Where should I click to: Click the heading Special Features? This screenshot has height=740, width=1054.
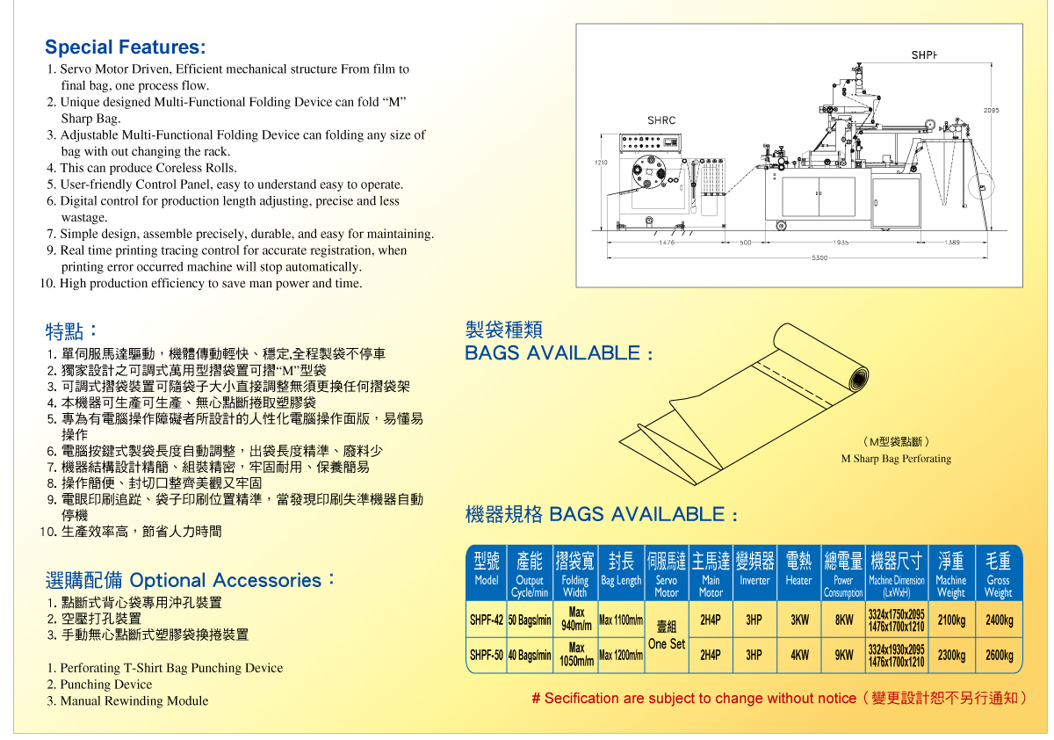coord(126,47)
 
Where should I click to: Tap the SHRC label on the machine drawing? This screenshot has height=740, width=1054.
coord(661,120)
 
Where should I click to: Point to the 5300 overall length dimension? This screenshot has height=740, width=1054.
coord(819,258)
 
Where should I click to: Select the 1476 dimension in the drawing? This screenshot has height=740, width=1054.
coord(668,242)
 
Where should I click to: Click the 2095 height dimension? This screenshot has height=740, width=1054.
coord(991,110)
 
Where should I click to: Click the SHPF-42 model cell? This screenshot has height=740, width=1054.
coord(486,620)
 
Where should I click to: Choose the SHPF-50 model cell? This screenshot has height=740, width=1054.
coord(486,656)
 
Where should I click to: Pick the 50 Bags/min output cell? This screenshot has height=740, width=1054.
coord(530,620)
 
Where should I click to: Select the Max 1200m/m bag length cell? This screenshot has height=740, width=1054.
coord(621,656)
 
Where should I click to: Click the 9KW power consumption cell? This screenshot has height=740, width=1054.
coord(844,656)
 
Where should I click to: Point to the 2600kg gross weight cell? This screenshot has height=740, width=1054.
coord(999,656)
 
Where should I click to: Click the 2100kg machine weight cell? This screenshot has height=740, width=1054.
coord(951,620)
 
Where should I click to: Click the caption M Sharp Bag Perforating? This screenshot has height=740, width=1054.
coord(896,459)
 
